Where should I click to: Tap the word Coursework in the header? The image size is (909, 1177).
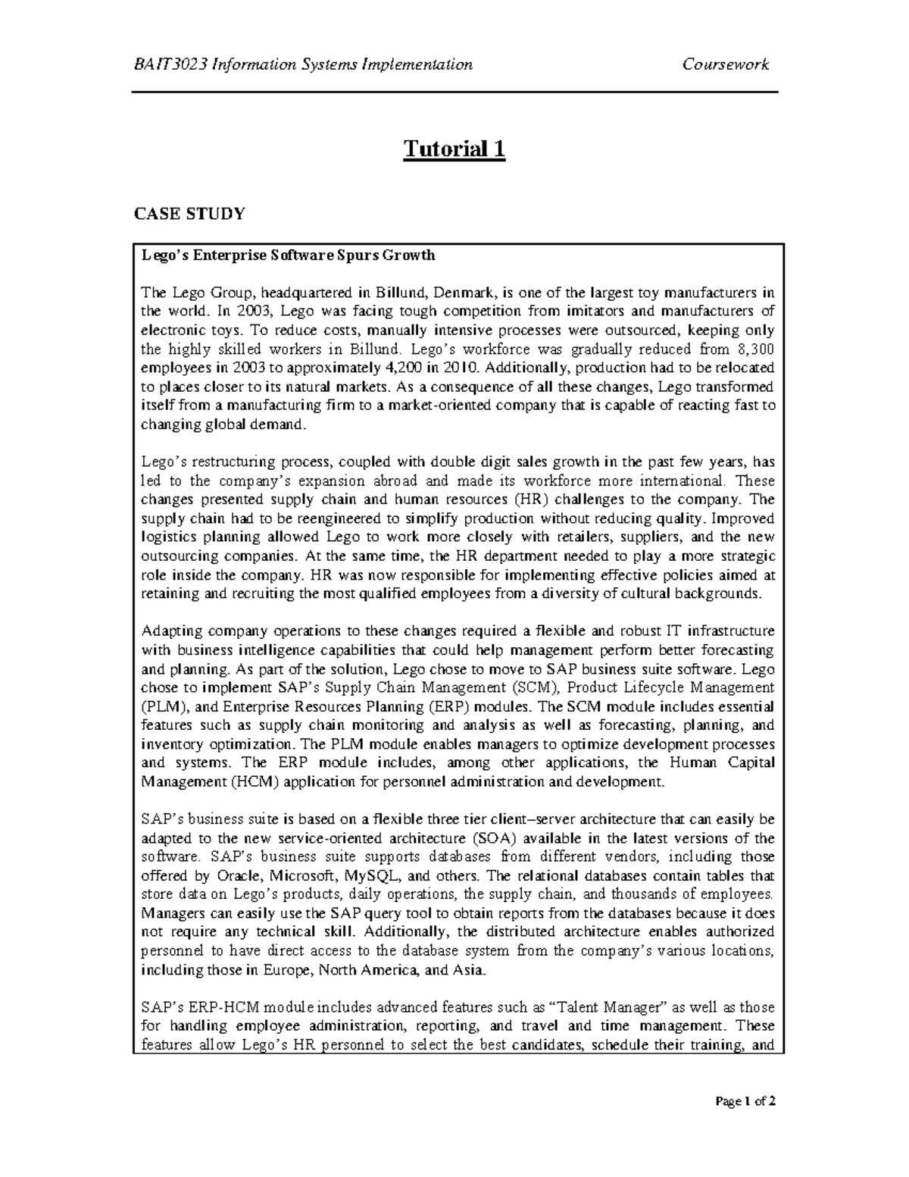(x=726, y=64)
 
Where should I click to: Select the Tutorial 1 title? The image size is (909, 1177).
(x=454, y=149)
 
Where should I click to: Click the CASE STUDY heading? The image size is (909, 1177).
(x=189, y=214)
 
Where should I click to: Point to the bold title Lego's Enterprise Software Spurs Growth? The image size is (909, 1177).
(x=289, y=255)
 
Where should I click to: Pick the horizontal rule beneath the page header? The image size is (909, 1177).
(x=455, y=92)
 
